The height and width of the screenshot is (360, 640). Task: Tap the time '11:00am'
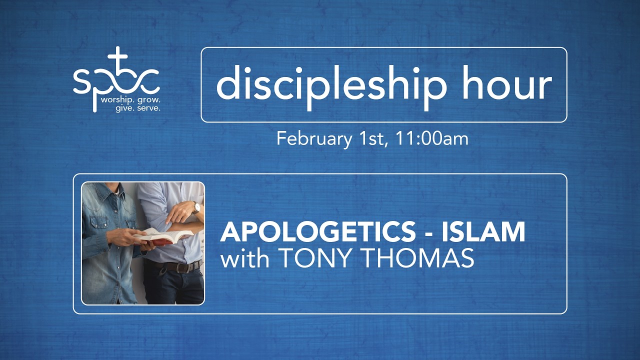tap(431, 138)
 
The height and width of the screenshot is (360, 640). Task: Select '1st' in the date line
tap(372, 138)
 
